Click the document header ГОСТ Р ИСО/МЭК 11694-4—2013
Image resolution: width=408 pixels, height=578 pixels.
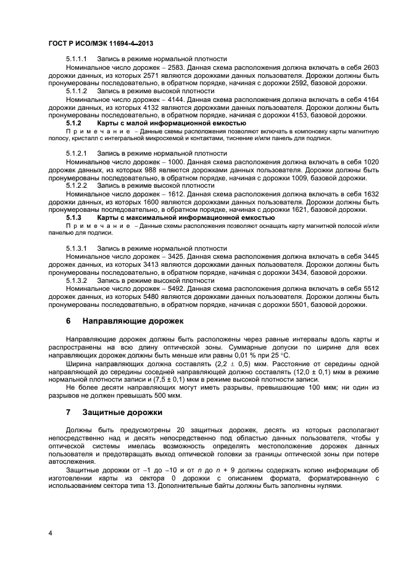tap(101, 44)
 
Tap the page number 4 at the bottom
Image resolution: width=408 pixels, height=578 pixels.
tap(51, 532)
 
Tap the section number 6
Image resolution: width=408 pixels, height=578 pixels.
tap(69, 321)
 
